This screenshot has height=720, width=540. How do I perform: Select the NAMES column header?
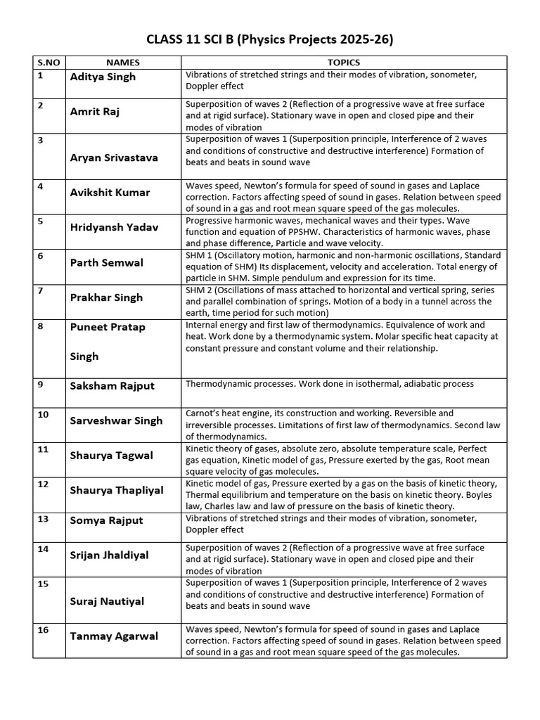(x=123, y=63)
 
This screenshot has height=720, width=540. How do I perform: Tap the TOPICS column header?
(x=343, y=63)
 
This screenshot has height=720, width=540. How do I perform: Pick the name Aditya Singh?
(x=103, y=77)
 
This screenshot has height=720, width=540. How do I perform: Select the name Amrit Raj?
(x=95, y=111)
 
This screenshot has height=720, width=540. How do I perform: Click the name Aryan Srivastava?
(x=114, y=157)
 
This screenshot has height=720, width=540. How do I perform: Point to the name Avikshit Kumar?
(x=110, y=192)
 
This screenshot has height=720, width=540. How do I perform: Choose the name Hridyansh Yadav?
(x=114, y=227)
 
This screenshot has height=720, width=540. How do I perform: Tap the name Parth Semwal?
(x=106, y=262)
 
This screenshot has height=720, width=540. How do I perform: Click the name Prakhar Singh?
(x=106, y=297)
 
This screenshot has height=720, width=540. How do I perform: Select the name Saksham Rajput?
(x=112, y=385)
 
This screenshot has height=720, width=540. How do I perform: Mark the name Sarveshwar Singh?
(x=116, y=420)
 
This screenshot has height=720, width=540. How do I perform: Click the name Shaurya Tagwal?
(x=111, y=455)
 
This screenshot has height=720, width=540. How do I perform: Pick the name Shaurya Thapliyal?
(x=116, y=490)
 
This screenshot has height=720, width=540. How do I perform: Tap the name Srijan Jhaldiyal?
(x=109, y=555)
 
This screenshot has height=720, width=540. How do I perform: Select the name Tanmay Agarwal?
(x=114, y=636)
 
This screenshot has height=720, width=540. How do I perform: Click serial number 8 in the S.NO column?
(x=41, y=326)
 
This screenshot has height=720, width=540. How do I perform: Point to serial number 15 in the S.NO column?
(x=43, y=584)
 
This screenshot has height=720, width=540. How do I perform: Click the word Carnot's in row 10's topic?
(x=202, y=413)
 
